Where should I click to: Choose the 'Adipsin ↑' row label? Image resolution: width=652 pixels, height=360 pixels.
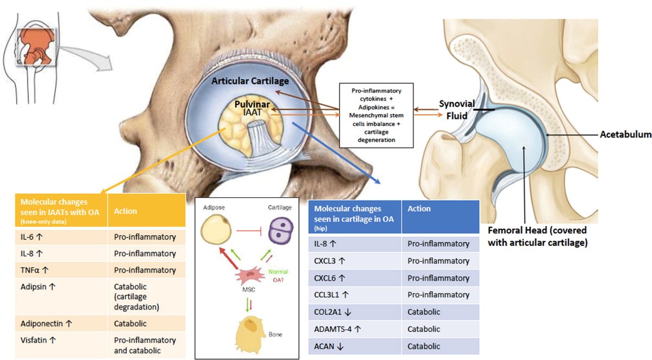pyautogui.click(x=34, y=287)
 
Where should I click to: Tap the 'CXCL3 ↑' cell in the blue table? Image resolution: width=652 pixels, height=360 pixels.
pyautogui.click(x=330, y=261)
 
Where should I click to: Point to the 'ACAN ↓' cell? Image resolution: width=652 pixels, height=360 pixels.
pyautogui.click(x=327, y=345)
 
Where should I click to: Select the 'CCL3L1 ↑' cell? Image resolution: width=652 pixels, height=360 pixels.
pyautogui.click(x=333, y=295)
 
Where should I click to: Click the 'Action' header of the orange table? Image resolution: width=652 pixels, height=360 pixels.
pyautogui.click(x=126, y=211)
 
